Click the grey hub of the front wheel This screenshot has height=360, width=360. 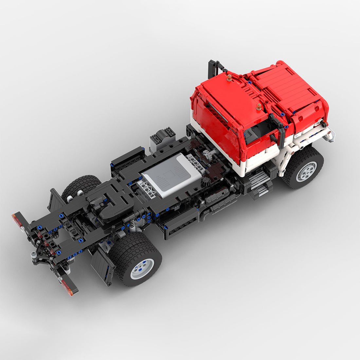307,171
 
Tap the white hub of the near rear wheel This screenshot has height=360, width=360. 142,268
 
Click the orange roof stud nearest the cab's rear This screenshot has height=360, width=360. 229,78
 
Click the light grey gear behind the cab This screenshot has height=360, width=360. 207,153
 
